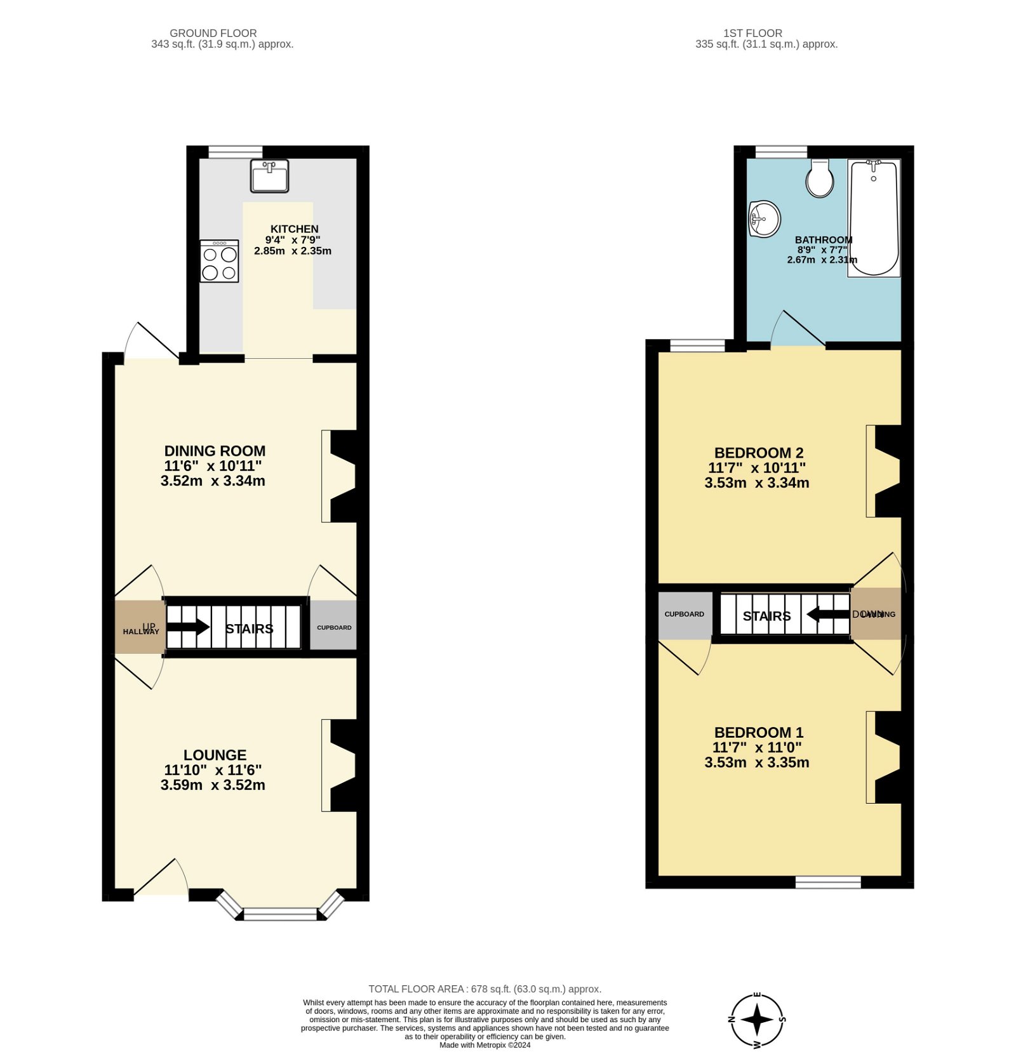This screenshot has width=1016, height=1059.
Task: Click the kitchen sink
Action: [269, 176]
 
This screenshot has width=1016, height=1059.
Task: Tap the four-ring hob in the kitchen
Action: [220, 261]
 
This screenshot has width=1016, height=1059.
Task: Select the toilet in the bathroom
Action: [820, 178]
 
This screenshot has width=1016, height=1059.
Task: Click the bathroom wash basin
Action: [764, 219]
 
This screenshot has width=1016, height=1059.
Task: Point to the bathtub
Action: [874, 218]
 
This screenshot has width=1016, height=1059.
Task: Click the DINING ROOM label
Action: [215, 451]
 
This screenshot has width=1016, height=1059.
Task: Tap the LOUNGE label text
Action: [215, 755]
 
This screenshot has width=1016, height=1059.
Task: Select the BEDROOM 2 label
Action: [759, 453]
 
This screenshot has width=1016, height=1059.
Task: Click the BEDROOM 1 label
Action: [759, 732]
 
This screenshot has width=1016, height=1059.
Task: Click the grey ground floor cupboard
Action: [333, 625]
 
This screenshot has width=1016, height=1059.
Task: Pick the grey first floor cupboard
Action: [685, 615]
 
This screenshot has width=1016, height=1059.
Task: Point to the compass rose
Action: [757, 1020]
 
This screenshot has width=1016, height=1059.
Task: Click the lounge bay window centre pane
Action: [280, 914]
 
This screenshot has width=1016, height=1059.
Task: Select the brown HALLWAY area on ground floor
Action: [140, 627]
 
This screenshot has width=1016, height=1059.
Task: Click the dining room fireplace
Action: [342, 476]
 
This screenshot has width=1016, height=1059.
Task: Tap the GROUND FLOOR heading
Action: [213, 33]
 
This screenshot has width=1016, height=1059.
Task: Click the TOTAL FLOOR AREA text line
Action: [485, 989]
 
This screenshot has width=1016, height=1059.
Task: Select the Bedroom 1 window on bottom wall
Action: [828, 882]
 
